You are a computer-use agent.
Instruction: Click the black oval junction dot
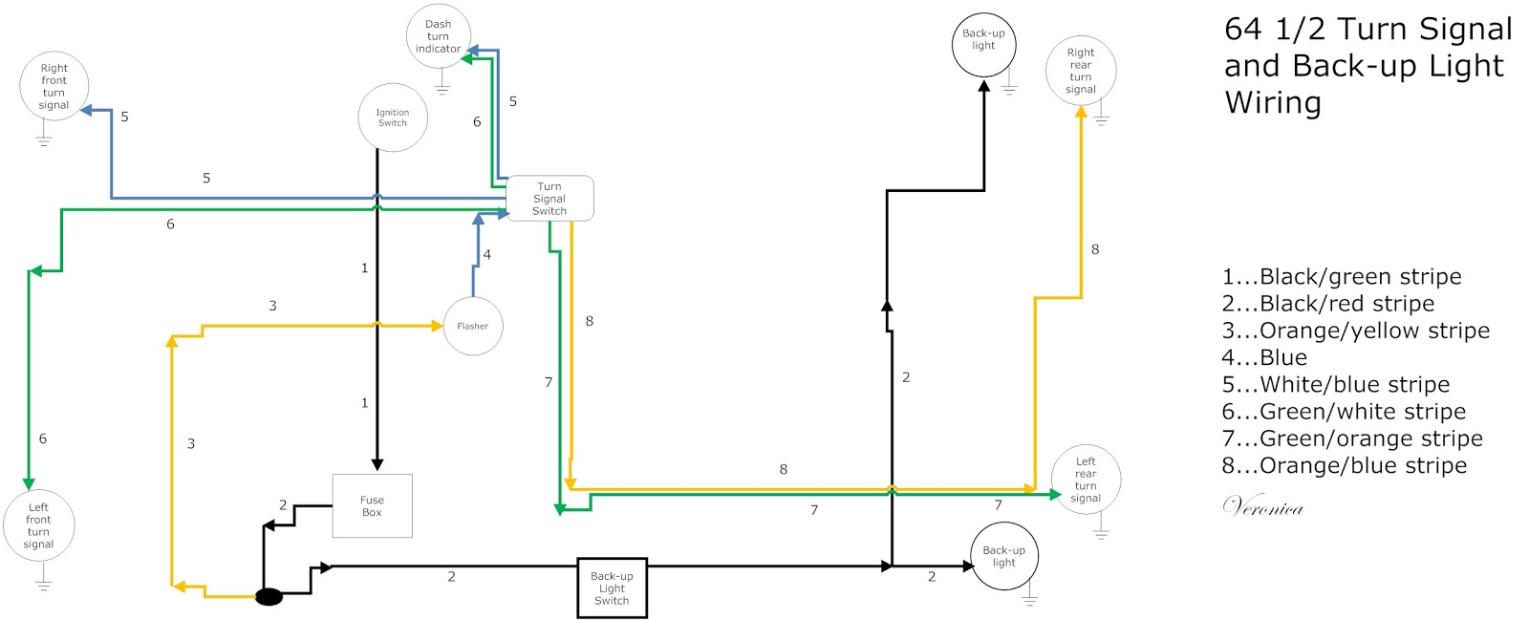269,597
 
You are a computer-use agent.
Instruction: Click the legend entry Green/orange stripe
1352,438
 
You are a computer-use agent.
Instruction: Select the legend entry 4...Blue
1264,357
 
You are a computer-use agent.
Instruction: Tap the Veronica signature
1262,505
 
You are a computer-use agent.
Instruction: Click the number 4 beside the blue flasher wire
486,255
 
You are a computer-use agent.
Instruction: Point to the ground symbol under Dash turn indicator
442,87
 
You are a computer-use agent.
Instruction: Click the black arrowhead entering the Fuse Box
377,464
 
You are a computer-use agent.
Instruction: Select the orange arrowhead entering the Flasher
437,326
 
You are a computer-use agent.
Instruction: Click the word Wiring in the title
1273,103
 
